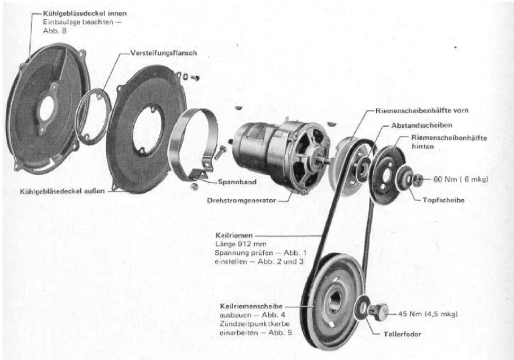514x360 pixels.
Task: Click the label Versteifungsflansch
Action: click(164, 53)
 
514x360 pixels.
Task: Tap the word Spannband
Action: click(237, 182)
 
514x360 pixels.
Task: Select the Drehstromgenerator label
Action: click(242, 200)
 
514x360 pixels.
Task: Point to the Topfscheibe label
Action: click(443, 199)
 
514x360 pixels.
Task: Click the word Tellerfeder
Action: click(402, 335)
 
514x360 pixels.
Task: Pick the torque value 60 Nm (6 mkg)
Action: click(460, 179)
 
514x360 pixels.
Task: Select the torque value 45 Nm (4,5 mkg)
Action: click(428, 314)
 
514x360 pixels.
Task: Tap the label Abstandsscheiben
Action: click(421, 125)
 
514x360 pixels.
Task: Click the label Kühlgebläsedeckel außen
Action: click(62, 191)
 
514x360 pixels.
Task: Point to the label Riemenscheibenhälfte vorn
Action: click(422, 111)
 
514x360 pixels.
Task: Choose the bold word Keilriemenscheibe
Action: click(251, 306)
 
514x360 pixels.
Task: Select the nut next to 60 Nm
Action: click(417, 179)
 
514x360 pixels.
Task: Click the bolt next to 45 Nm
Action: click(378, 310)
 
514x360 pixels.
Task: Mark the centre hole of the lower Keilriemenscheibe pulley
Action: click(335, 301)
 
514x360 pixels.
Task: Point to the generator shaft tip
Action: click(328, 161)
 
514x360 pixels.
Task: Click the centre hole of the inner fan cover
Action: click(46, 108)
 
